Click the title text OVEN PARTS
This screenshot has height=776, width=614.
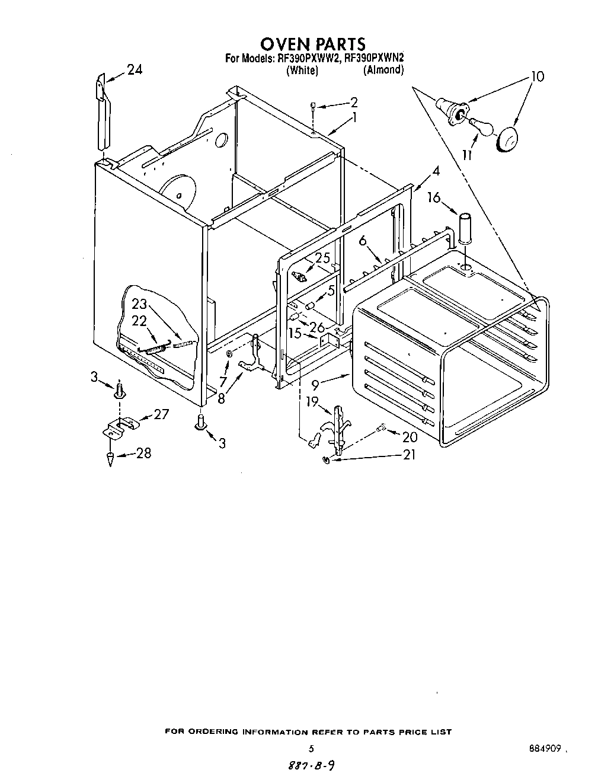[x=313, y=43]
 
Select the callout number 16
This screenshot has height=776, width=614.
[x=434, y=197]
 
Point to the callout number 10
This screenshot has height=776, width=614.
[x=536, y=76]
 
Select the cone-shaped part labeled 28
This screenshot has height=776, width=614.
[x=111, y=458]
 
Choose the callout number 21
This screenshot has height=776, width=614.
[x=408, y=455]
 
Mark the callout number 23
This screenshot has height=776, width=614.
[x=139, y=304]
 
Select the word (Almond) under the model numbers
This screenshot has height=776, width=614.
[x=383, y=70]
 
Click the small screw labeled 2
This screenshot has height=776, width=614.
[x=312, y=105]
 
